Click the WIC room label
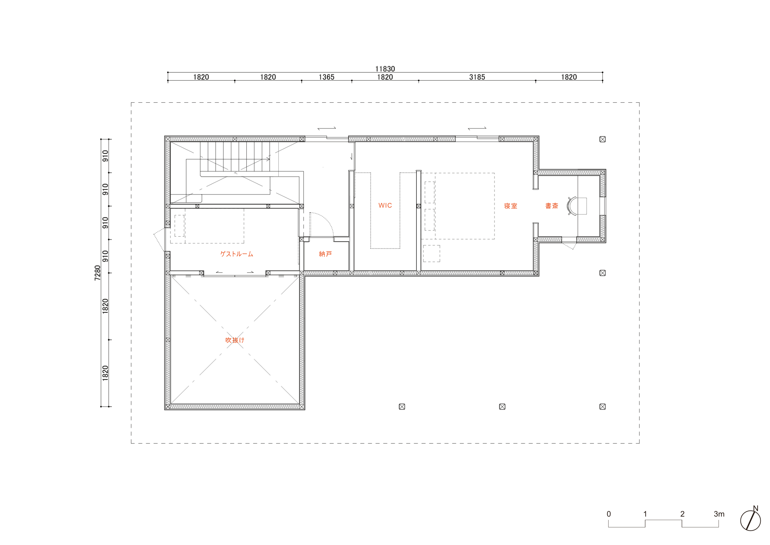[385, 206]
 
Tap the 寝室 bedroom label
[511, 206]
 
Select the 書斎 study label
[551, 206]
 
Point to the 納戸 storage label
[325, 254]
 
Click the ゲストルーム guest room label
[236, 254]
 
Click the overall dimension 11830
[385, 69]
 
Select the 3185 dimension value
[477, 77]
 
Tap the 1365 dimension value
[326, 77]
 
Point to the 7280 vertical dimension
[97, 273]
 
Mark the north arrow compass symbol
[750, 520]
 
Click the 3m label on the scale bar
[719, 514]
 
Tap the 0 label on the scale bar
[609, 514]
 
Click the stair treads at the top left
[235, 156]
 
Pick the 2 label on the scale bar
[682, 514]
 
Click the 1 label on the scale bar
[645, 514]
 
